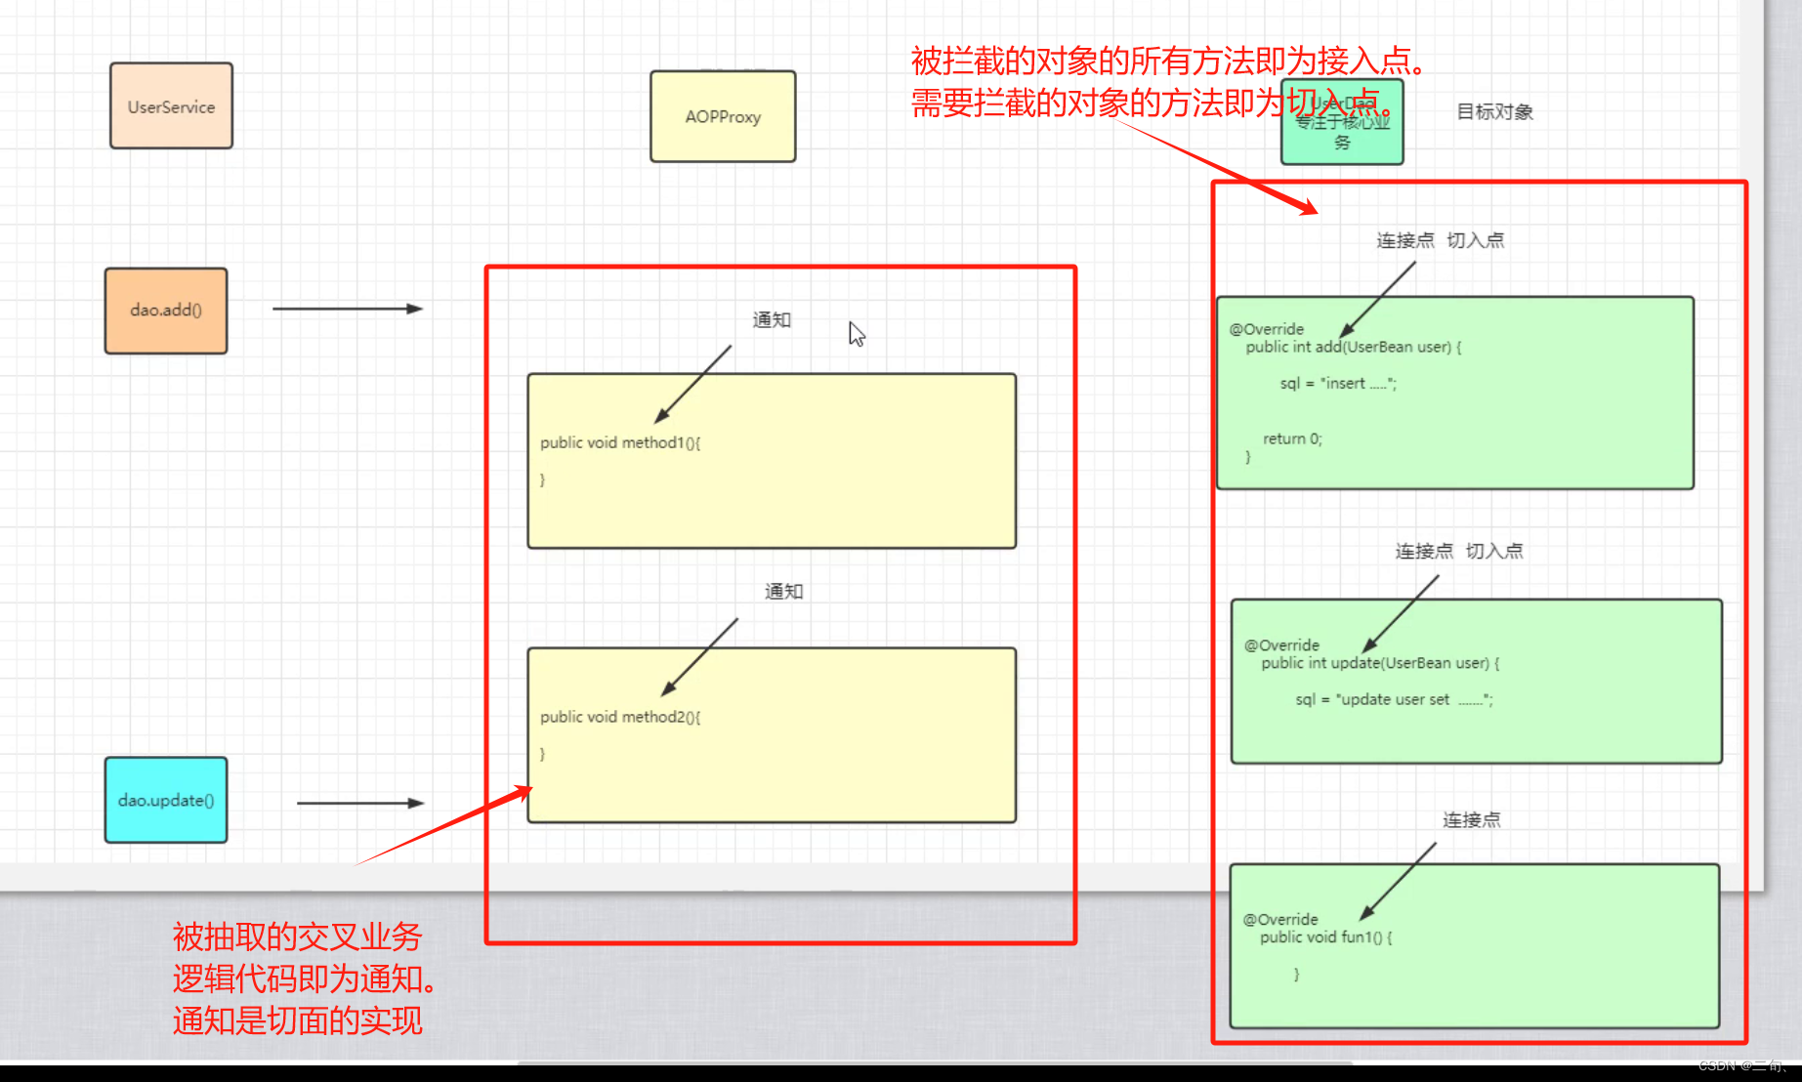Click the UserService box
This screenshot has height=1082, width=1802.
point(171,106)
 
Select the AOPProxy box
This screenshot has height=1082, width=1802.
point(723,116)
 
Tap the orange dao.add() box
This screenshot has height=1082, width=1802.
point(166,311)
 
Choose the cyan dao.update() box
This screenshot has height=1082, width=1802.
point(166,800)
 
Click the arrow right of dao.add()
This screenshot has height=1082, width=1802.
point(347,309)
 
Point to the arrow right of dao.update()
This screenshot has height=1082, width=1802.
point(359,803)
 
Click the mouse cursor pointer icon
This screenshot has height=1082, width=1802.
point(857,334)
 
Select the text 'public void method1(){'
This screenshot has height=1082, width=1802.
point(620,442)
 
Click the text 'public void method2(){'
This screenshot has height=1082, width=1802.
point(620,717)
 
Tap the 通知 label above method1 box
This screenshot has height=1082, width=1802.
point(772,320)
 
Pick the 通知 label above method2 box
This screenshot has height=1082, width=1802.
point(783,592)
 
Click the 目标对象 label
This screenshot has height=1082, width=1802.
point(1494,112)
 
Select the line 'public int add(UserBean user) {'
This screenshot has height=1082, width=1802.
point(1353,347)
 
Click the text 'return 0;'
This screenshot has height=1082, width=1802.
point(1292,439)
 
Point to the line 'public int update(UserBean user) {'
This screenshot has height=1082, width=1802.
point(1379,663)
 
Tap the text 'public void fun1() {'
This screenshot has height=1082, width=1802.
point(1325,937)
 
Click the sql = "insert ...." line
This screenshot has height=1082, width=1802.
point(1338,384)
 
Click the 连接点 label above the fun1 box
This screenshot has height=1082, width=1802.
point(1471,820)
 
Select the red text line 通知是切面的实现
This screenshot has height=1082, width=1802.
point(298,1021)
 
